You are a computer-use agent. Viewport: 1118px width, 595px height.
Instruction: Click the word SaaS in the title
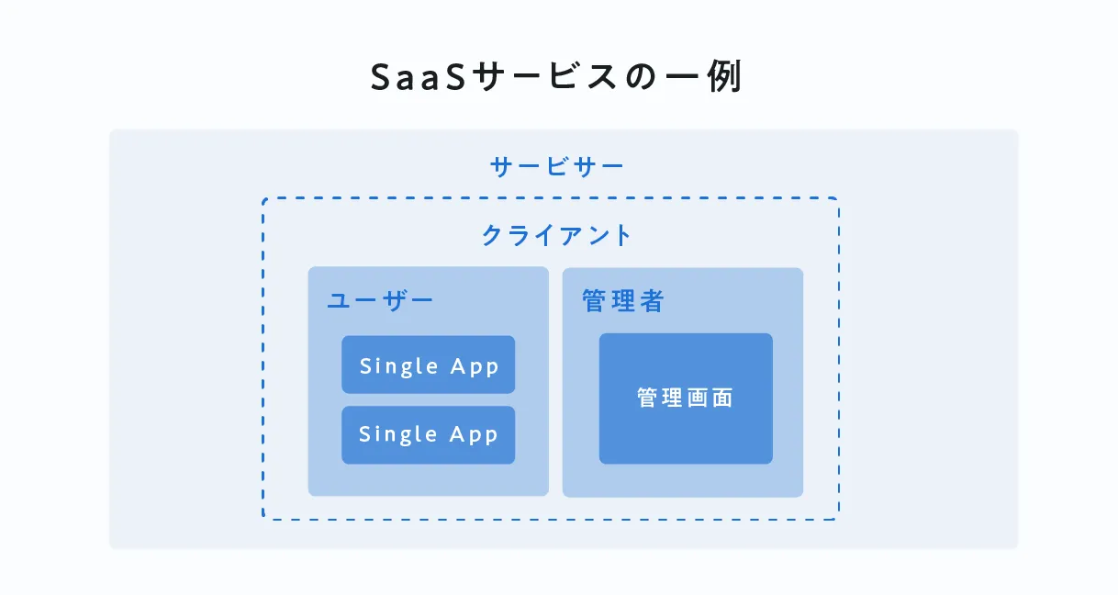[x=409, y=78]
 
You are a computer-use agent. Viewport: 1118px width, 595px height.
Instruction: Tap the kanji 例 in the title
[x=724, y=78]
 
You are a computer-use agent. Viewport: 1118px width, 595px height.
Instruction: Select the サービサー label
[x=557, y=167]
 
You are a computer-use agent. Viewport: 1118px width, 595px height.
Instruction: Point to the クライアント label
[x=557, y=235]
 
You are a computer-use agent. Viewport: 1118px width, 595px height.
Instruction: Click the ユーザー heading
[x=380, y=301]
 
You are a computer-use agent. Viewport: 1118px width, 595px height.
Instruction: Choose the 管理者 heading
[x=623, y=301]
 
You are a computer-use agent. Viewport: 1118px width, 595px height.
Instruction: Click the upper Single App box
[x=429, y=365]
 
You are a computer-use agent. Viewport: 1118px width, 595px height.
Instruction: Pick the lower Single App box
[x=429, y=434]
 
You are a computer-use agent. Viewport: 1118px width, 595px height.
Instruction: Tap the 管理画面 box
[x=686, y=399]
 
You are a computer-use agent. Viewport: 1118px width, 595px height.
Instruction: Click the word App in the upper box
[x=475, y=366]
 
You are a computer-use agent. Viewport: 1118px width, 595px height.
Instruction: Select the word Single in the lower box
[x=398, y=434]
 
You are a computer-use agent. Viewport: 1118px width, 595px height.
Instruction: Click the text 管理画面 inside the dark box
[x=686, y=399]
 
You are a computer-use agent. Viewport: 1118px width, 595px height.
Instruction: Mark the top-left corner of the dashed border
[x=264, y=199]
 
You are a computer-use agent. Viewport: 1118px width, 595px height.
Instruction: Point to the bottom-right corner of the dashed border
[x=837, y=518]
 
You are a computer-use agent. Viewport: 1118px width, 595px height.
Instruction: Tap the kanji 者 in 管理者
[x=652, y=301]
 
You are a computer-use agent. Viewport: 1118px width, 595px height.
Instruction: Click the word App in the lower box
[x=475, y=435]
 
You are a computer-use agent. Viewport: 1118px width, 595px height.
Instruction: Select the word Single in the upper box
[x=398, y=365]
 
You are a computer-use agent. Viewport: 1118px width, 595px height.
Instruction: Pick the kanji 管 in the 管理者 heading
[x=594, y=301]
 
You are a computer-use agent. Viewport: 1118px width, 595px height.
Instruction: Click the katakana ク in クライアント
[x=493, y=235]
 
